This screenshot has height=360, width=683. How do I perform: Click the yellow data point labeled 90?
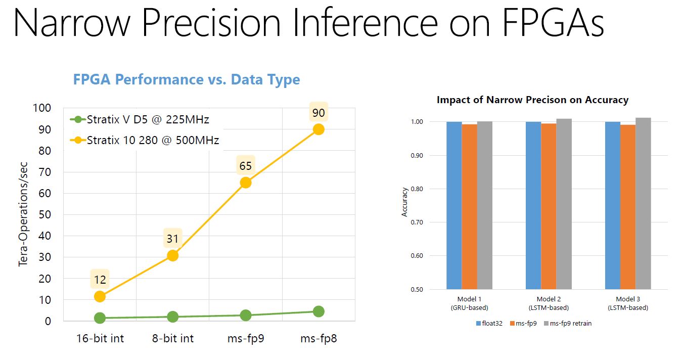point(318,129)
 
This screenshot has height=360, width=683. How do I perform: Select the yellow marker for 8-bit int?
point(172,255)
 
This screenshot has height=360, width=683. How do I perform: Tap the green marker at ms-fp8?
point(318,311)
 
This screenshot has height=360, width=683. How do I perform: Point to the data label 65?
point(246,166)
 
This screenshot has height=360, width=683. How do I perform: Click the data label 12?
point(100,279)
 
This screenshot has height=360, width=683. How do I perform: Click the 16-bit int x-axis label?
point(100,338)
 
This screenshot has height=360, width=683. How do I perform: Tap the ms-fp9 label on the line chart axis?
point(246,338)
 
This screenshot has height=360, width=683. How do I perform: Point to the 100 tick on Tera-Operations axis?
point(41,108)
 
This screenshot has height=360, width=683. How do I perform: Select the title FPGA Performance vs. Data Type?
point(187,79)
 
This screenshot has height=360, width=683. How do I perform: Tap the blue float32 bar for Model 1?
point(454,205)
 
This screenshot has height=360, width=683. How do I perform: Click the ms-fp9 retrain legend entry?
point(567,324)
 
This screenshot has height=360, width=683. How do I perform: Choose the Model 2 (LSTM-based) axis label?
point(548,303)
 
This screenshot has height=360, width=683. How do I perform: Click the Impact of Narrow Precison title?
point(532,100)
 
